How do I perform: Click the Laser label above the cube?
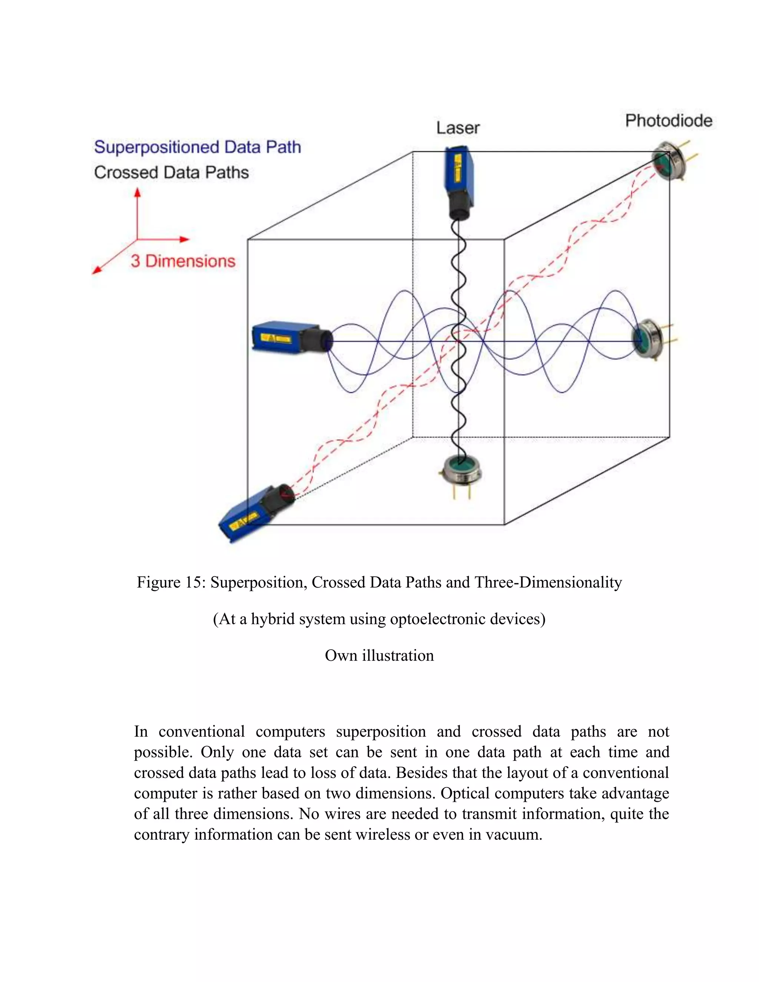(x=458, y=128)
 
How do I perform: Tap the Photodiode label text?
(x=669, y=120)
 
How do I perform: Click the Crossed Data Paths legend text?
(x=171, y=173)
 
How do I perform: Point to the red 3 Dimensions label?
(x=183, y=261)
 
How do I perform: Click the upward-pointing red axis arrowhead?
(x=137, y=192)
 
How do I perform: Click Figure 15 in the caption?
(x=171, y=582)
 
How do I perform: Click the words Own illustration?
(x=379, y=656)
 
